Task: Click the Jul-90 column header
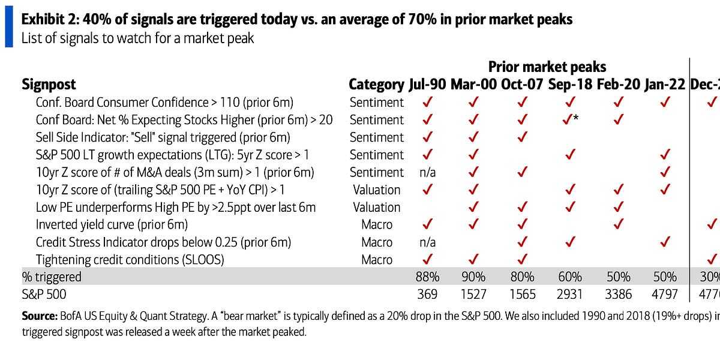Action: click(x=427, y=84)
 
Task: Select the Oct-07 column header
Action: click(x=521, y=84)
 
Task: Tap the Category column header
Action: click(x=376, y=84)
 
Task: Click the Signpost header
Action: click(x=49, y=84)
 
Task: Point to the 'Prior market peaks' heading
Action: click(x=547, y=67)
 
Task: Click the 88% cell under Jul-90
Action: click(x=427, y=277)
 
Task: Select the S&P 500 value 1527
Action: click(x=474, y=295)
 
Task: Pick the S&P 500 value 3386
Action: click(x=618, y=295)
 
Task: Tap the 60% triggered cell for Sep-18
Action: click(x=569, y=277)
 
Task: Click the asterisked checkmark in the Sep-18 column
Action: click(x=571, y=119)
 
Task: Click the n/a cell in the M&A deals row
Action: click(x=427, y=172)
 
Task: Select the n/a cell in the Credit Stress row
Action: click(x=427, y=242)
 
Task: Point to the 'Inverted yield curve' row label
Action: click(x=112, y=225)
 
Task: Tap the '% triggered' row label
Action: click(x=52, y=277)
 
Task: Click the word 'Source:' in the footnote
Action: click(x=40, y=316)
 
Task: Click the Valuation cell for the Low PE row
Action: click(x=376, y=207)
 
